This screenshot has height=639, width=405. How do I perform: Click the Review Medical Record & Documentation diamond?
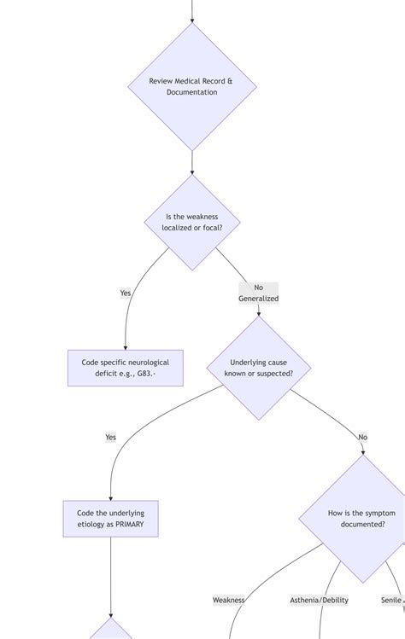pyautogui.click(x=191, y=86)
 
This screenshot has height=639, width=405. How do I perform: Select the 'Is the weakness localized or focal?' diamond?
pyautogui.click(x=191, y=223)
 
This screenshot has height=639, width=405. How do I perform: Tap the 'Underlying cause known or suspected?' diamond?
pyautogui.click(x=258, y=368)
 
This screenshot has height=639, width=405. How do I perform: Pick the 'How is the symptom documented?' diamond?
pyautogui.click(x=361, y=519)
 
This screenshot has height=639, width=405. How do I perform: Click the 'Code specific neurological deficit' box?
pyautogui.click(x=125, y=368)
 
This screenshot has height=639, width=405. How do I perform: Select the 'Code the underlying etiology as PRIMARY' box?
pyautogui.click(x=110, y=519)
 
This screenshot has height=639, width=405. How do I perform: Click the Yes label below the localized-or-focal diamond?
pyautogui.click(x=126, y=293)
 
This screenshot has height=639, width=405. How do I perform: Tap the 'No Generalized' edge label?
pyautogui.click(x=258, y=293)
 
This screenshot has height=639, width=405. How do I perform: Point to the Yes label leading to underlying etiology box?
pyautogui.click(x=110, y=437)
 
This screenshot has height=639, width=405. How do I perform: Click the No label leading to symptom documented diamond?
pyautogui.click(x=362, y=437)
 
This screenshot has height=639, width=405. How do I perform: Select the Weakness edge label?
pyautogui.click(x=228, y=600)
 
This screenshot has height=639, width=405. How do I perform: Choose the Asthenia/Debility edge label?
pyautogui.click(x=319, y=600)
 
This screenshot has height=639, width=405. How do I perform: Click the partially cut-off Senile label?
pyautogui.click(x=392, y=600)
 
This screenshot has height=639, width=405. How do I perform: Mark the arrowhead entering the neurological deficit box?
pyautogui.click(x=125, y=346)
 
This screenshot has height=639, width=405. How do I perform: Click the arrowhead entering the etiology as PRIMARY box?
pyautogui.click(x=110, y=497)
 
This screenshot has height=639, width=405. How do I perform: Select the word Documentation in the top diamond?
pyautogui.click(x=191, y=92)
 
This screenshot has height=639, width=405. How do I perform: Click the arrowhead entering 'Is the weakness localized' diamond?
pyautogui.click(x=191, y=171)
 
